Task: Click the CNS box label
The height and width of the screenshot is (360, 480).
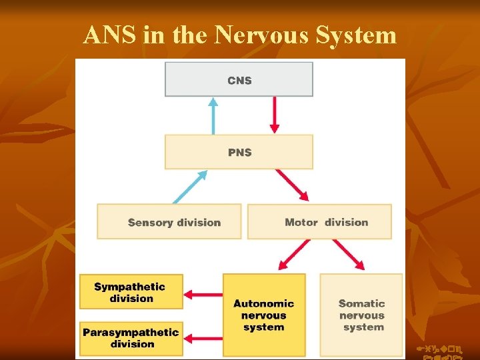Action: pos(239,80)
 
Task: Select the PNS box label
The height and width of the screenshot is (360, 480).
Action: pos(239,152)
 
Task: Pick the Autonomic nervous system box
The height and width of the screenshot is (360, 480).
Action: pos(264,315)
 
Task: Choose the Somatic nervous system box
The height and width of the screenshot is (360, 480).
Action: pos(361,315)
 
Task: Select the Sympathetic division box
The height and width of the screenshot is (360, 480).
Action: pos(131,292)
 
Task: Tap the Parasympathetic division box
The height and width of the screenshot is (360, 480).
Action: pos(131,338)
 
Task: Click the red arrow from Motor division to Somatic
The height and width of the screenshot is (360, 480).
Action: pos(349,255)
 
